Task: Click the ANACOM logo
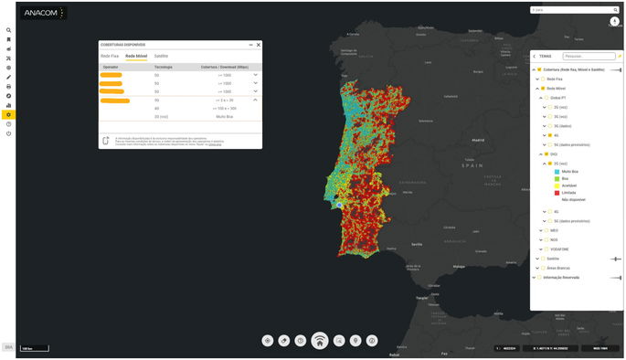[x=44, y=14]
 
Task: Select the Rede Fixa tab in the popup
[x=109, y=56]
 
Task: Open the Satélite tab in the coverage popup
[x=161, y=56]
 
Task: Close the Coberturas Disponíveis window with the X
[x=259, y=44]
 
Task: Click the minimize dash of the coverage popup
[x=250, y=44]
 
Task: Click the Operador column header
[x=111, y=67]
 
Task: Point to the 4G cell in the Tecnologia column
[x=156, y=108]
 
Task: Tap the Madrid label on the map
[x=477, y=140]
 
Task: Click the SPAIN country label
[x=472, y=165]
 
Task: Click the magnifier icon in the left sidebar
[x=8, y=30]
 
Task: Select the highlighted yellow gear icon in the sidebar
[x=8, y=114]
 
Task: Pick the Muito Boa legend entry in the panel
[x=569, y=171]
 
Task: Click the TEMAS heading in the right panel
[x=546, y=56]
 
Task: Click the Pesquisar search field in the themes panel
[x=589, y=56]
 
